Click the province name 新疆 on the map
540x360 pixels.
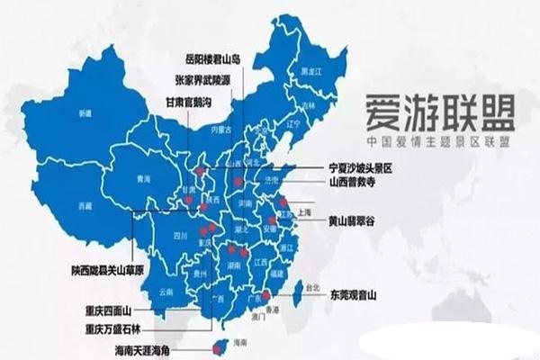pyautogui.click(x=86, y=113)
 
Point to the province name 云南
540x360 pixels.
pyautogui.click(x=165, y=292)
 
